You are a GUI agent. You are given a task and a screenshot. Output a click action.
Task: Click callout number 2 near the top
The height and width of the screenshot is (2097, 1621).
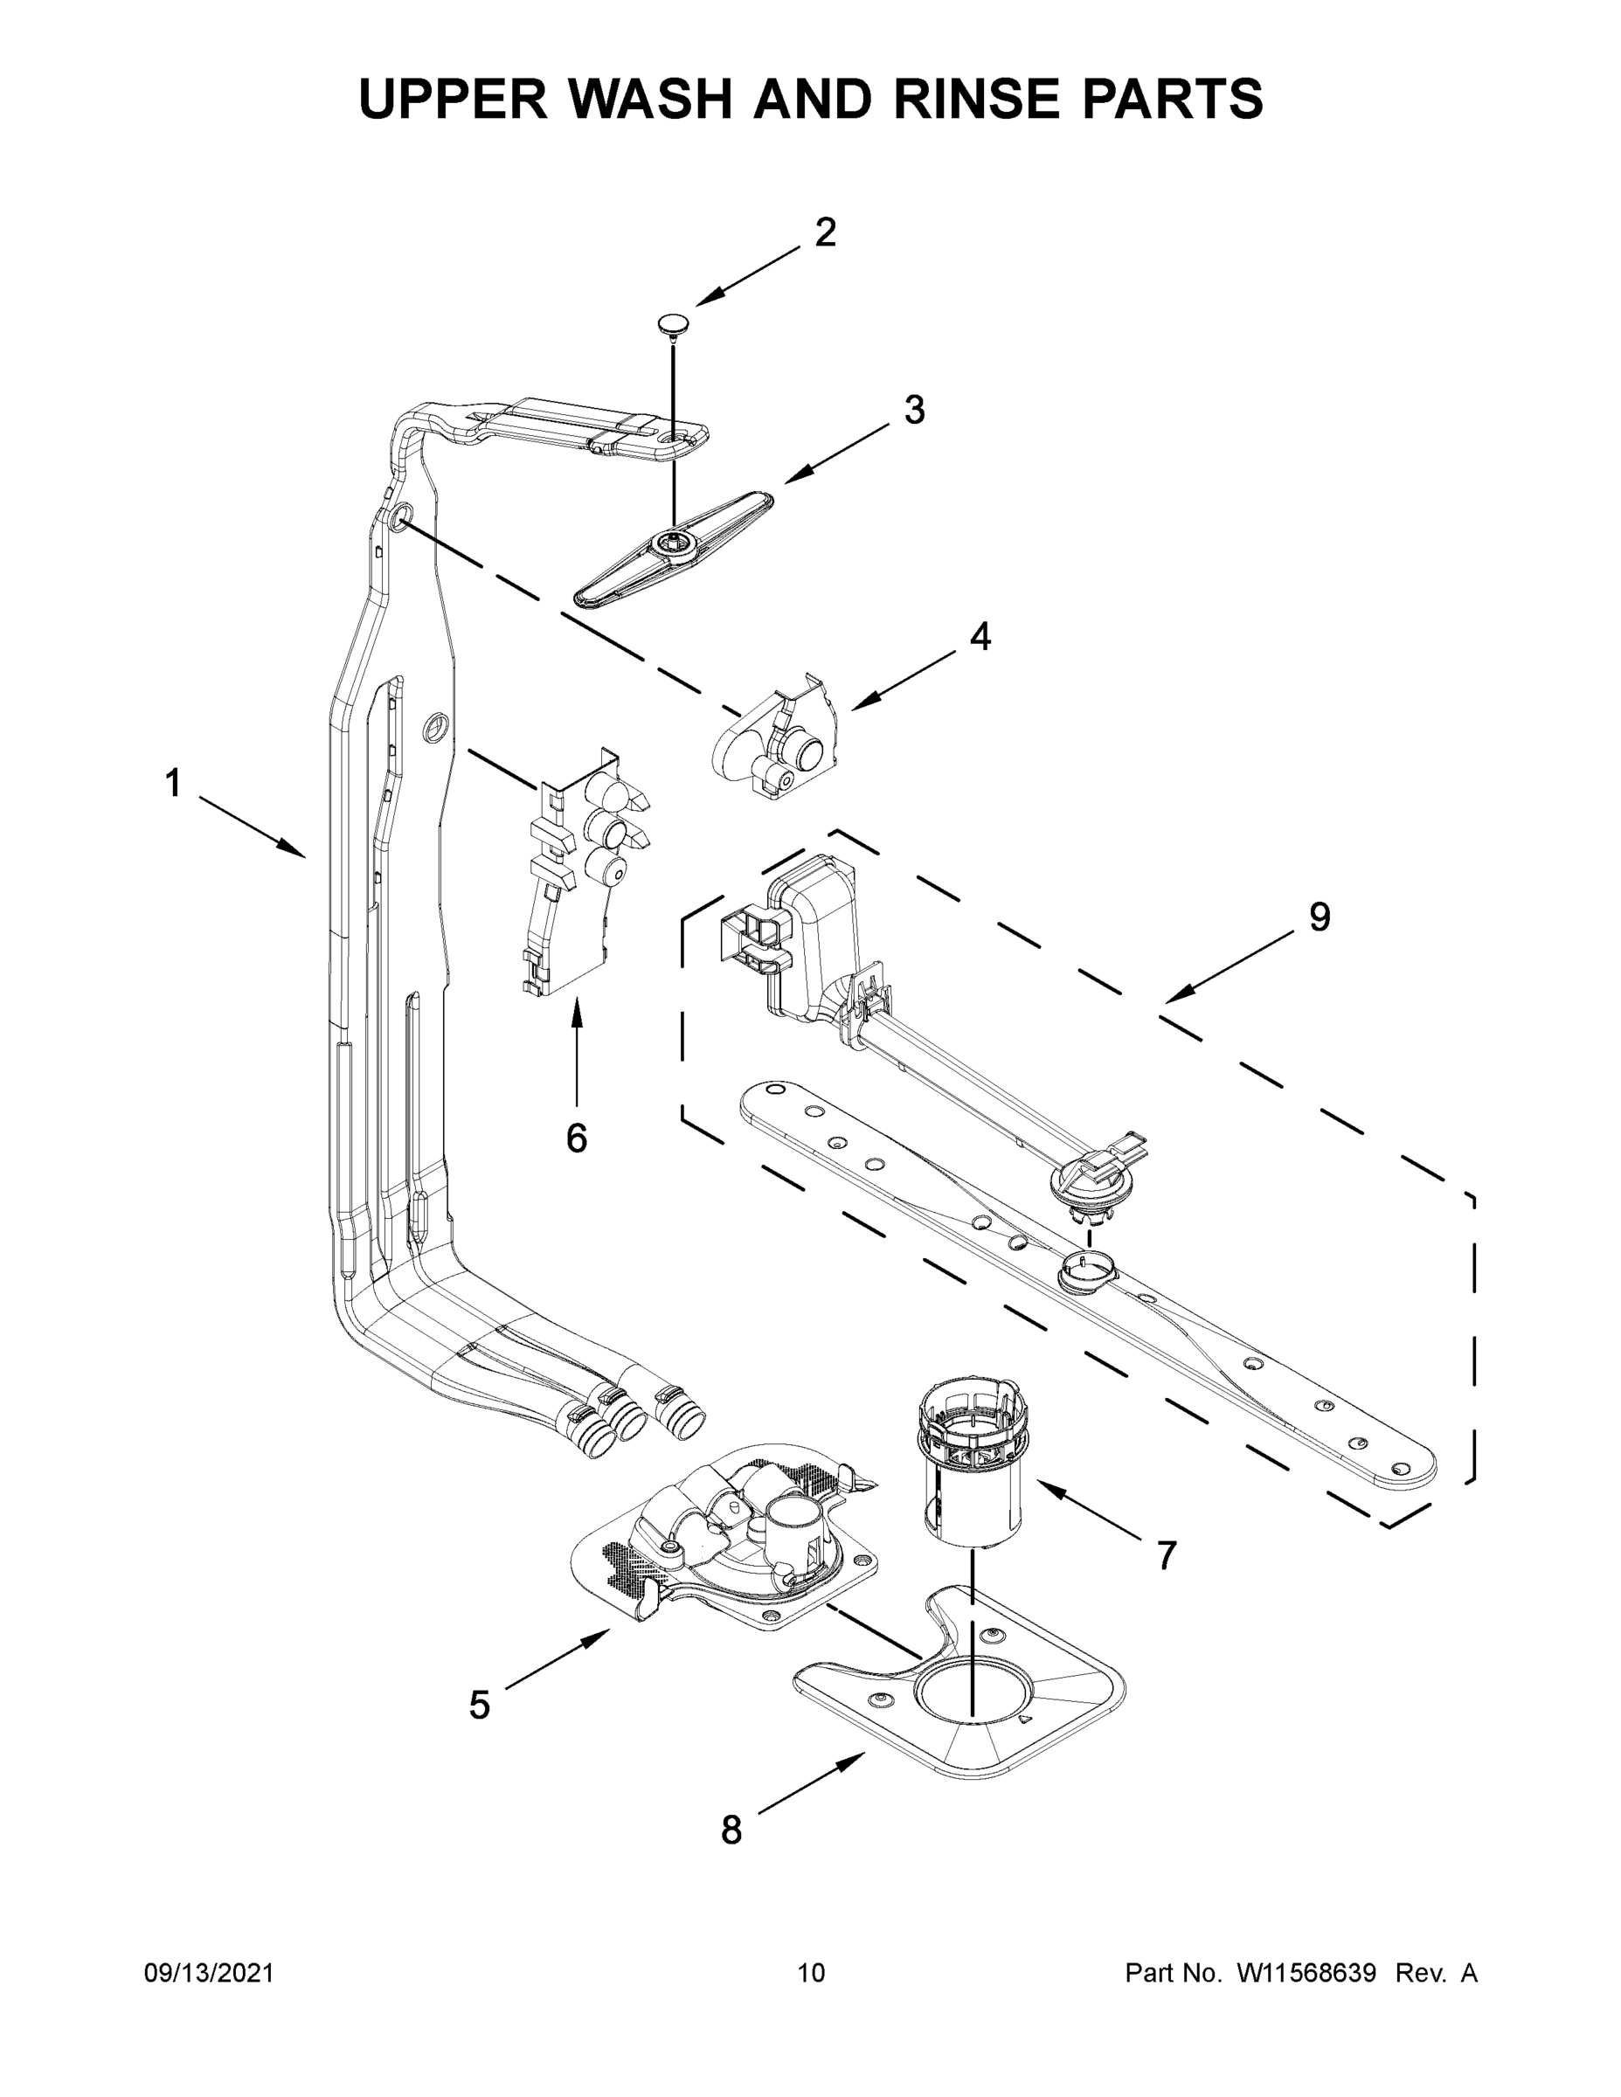click(x=825, y=232)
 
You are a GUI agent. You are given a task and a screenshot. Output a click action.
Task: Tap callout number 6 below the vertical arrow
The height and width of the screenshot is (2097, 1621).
click(x=576, y=1138)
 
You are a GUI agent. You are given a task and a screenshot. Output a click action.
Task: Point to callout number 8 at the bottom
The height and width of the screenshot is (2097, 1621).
click(x=731, y=1831)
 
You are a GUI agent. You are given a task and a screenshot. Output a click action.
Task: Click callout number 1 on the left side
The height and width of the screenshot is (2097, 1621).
click(x=173, y=784)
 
